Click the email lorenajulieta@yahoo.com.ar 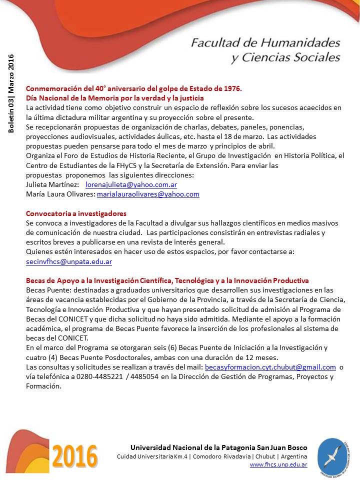pyautogui.click(x=131, y=184)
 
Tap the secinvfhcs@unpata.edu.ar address pyautogui.click(x=68, y=261)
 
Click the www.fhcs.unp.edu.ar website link pyautogui.click(x=278, y=464)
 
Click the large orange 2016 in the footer pyautogui.click(x=75, y=456)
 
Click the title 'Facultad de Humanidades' pyautogui.click(x=265, y=42)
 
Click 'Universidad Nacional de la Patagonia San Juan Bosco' pyautogui.click(x=218, y=447)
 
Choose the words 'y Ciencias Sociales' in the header pyautogui.click(x=285, y=57)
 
